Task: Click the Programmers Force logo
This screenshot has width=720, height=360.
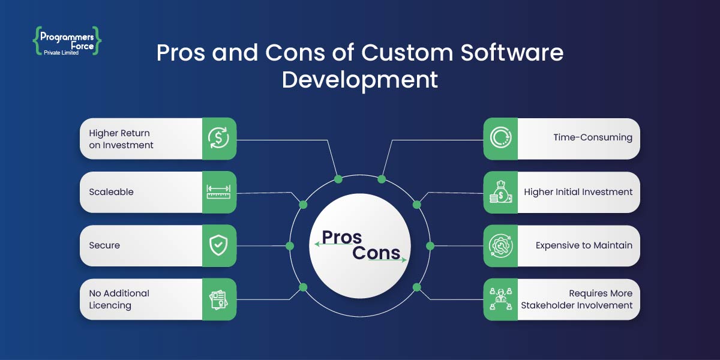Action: click(67, 41)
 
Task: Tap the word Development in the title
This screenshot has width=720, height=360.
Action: click(359, 80)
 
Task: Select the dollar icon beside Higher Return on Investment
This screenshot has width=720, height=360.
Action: click(219, 138)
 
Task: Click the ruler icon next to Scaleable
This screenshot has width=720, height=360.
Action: click(219, 192)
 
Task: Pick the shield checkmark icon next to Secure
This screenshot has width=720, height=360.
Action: click(219, 245)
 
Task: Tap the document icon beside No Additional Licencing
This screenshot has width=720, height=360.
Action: click(219, 299)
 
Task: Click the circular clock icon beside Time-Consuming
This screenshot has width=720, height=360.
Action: click(500, 138)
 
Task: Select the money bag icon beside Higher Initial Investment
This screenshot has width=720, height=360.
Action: click(500, 192)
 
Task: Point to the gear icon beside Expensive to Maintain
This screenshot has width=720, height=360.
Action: click(500, 245)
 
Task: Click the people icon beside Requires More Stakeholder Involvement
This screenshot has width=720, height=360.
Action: click(500, 299)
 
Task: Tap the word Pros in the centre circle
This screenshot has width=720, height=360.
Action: click(342, 238)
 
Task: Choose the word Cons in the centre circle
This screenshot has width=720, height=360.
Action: click(376, 253)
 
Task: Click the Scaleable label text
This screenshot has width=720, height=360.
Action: click(111, 192)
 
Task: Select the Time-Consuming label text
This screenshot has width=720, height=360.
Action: click(592, 138)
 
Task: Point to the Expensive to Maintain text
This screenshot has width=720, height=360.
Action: click(584, 245)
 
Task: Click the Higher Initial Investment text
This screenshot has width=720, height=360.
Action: click(578, 192)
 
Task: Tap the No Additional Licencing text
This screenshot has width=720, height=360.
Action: click(119, 299)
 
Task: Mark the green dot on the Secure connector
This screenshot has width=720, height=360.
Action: click(290, 246)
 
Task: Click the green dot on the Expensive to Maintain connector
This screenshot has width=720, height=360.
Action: click(430, 246)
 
